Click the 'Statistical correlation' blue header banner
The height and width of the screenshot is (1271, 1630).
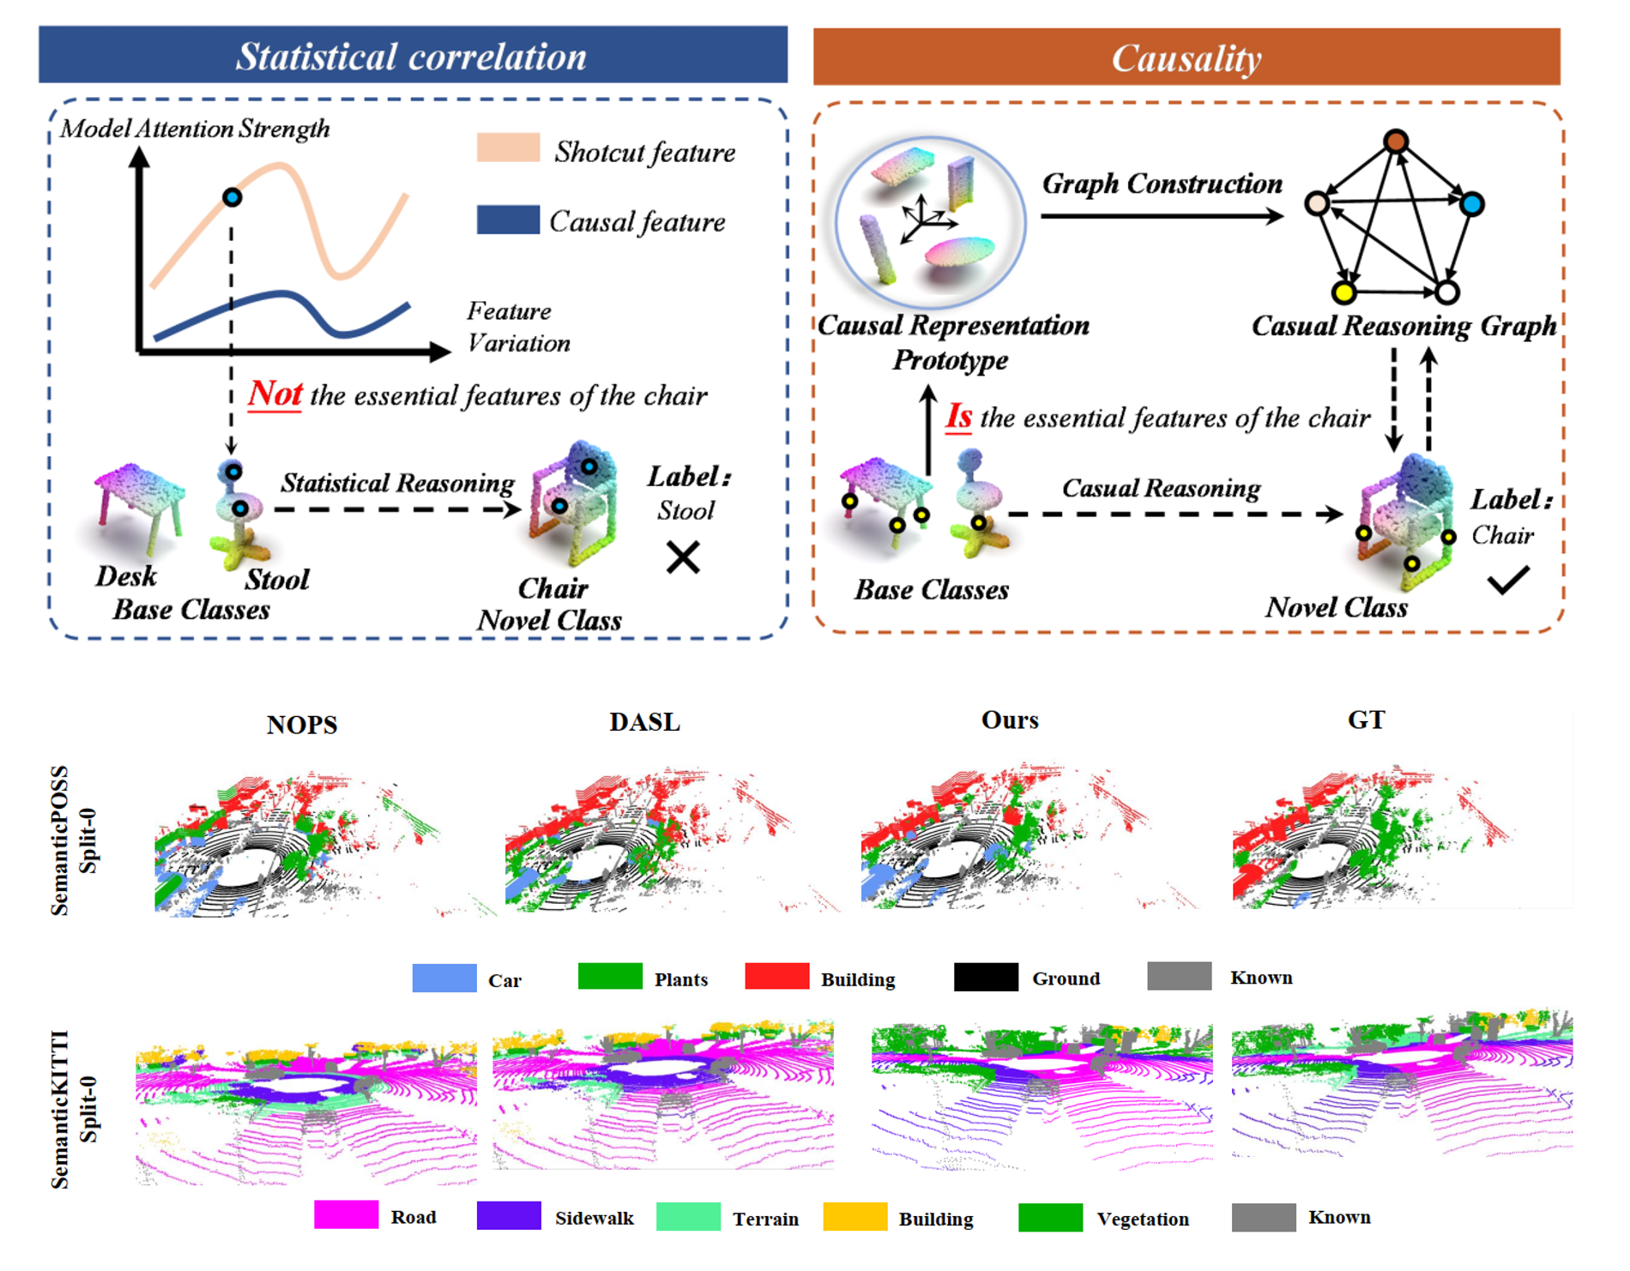pos(413,55)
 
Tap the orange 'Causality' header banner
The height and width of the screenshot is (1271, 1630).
pos(1186,57)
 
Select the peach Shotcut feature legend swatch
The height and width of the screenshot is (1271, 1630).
pos(508,148)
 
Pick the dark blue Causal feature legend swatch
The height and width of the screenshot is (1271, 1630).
pos(508,220)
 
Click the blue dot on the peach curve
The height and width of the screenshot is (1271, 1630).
pos(232,197)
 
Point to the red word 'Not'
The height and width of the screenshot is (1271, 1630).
pos(275,394)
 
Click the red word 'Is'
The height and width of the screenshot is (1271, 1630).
pos(958,417)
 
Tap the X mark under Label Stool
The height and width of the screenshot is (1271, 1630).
pos(683,557)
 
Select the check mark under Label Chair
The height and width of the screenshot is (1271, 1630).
pos(1507,580)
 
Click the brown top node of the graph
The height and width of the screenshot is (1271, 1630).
pos(1396,141)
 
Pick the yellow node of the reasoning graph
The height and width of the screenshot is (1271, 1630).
pos(1343,293)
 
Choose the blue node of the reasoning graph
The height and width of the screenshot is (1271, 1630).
pos(1472,204)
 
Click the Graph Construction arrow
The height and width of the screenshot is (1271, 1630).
pos(1162,215)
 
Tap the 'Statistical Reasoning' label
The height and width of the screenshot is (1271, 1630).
pos(397,483)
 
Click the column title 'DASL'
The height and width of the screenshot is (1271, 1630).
pos(644,722)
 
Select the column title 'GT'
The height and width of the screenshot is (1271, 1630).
pos(1366,720)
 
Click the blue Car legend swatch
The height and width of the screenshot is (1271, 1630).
pos(444,979)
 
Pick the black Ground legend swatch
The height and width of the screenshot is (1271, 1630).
pos(986,977)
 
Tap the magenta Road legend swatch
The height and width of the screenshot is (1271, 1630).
pos(346,1215)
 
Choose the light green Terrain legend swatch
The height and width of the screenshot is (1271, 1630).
pos(687,1217)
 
